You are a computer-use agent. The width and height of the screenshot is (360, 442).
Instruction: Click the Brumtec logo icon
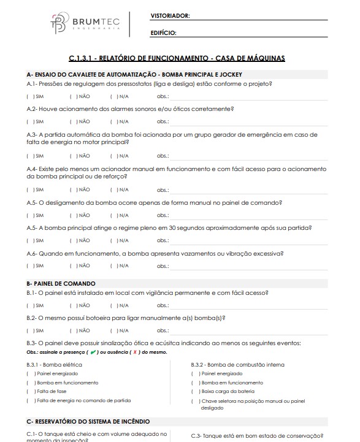59,23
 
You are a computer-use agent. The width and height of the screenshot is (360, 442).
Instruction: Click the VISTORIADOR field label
170,15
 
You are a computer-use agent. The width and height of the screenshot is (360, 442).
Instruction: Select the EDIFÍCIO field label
163,32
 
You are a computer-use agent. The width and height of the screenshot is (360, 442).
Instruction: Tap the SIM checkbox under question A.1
29,96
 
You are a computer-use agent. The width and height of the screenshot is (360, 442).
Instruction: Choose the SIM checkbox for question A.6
29,265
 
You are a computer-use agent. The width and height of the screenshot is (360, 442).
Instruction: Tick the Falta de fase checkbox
29,391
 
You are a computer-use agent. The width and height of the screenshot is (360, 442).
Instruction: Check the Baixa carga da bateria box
194,391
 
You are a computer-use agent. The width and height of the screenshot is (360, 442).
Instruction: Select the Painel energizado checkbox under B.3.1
29,373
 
